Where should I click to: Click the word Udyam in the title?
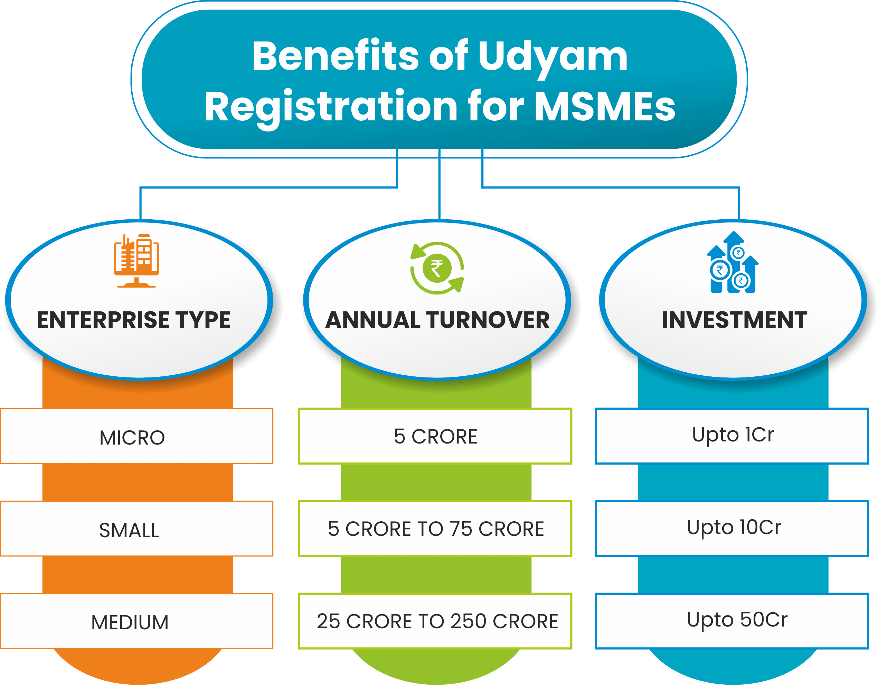coord(553,57)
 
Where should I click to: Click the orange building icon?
coord(136,261)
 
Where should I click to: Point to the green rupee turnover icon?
coord(437,268)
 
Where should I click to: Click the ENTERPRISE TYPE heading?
coord(133,320)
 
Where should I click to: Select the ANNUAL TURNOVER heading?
coord(437,320)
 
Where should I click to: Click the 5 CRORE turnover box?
coord(435,436)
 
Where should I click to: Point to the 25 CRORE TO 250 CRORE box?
coord(435,621)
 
